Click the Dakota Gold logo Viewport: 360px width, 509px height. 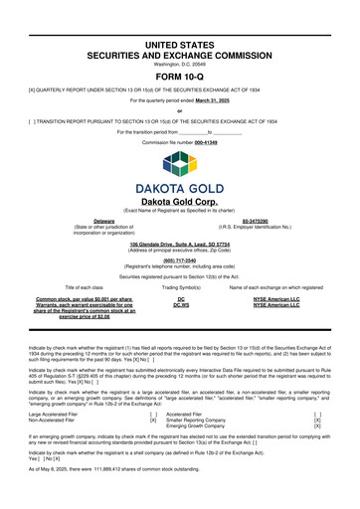click(180, 179)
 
